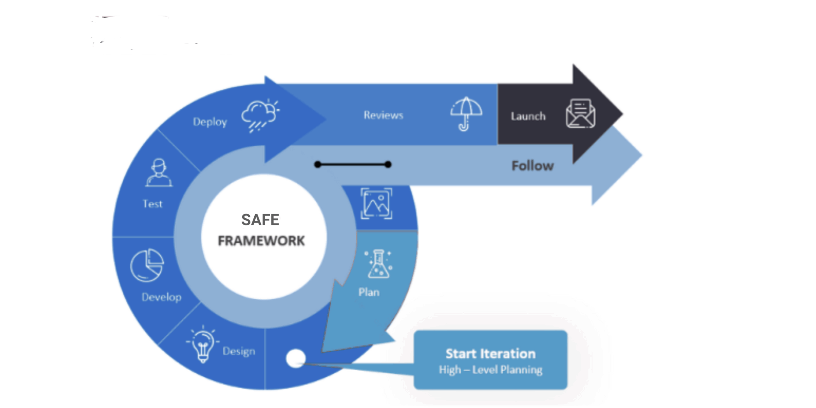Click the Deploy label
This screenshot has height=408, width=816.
click(210, 122)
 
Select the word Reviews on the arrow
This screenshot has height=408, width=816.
click(383, 115)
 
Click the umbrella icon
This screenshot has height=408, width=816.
click(466, 113)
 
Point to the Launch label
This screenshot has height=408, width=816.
click(528, 116)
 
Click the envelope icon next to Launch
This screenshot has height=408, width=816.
click(580, 114)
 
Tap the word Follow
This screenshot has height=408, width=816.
click(532, 166)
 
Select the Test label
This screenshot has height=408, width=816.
click(152, 204)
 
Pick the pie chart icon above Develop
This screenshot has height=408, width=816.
click(147, 265)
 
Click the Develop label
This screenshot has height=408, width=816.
click(161, 297)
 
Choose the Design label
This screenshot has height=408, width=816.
click(239, 351)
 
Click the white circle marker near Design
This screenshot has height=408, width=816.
click(295, 358)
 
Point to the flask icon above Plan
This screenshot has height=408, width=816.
click(379, 264)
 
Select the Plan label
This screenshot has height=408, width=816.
click(369, 292)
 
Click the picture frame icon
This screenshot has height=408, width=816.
click(376, 204)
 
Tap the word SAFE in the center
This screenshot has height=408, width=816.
click(260, 220)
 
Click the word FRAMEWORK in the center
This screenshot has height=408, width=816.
click(261, 241)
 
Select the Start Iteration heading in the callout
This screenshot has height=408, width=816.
click(490, 354)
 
